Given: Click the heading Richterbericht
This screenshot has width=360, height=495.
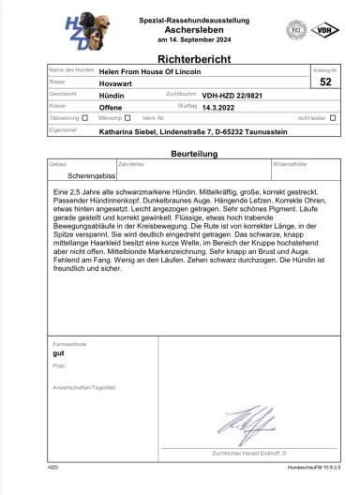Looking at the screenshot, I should point(180,57).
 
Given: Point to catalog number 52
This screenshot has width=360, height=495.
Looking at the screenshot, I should point(324,82).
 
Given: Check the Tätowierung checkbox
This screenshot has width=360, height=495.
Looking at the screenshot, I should point(84,118).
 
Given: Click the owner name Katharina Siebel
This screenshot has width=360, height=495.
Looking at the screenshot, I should point(131,131).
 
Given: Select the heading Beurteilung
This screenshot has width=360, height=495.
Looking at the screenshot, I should point(179,151).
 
